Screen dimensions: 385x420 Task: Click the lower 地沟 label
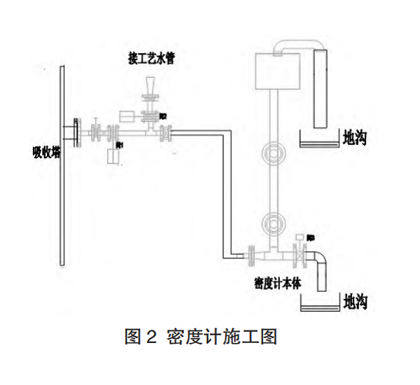tap(355, 302)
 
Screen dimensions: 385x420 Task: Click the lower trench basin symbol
tap(318, 304)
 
